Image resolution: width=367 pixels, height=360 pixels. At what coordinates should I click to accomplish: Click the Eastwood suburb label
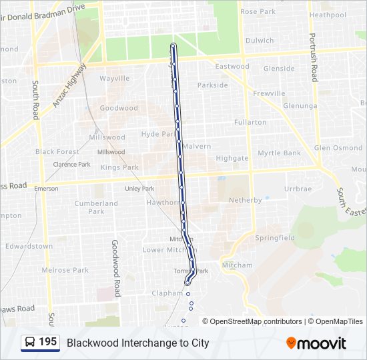232,67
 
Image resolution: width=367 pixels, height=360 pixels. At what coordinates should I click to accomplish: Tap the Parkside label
212,85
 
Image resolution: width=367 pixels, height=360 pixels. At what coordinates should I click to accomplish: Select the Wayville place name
114,79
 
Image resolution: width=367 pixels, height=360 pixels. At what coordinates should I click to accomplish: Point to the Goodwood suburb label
118,108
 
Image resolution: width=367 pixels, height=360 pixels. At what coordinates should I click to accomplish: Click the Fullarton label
250,123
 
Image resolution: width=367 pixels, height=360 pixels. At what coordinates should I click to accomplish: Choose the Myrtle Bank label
279,153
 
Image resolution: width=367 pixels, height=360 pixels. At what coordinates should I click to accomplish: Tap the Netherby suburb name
246,200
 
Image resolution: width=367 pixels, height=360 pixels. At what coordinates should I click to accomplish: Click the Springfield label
274,238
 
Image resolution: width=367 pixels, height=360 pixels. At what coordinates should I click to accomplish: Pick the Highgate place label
232,159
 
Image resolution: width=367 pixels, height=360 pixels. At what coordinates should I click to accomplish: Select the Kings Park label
119,167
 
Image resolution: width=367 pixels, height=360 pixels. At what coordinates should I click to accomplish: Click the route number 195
47,342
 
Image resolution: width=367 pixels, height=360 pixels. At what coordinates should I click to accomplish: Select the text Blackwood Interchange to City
137,343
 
